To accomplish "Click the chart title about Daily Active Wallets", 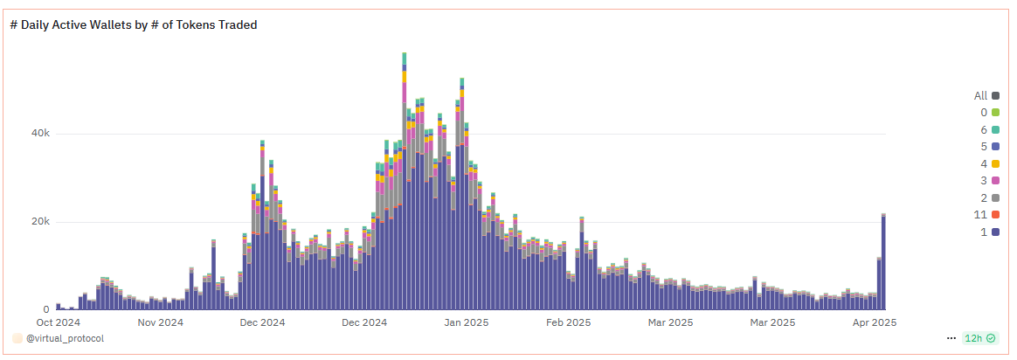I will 133,25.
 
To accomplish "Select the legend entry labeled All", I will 986,96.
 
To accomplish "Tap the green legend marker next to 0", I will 995,113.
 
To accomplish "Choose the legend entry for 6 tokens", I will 989,130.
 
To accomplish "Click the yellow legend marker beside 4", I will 995,164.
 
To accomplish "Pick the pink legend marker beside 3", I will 995,181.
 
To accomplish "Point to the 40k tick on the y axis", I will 40,134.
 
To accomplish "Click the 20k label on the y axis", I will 40,222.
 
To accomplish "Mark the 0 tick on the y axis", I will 45,310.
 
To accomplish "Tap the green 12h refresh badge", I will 979,338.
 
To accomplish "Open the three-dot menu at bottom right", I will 951,338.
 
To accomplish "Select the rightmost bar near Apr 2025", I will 883,262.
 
